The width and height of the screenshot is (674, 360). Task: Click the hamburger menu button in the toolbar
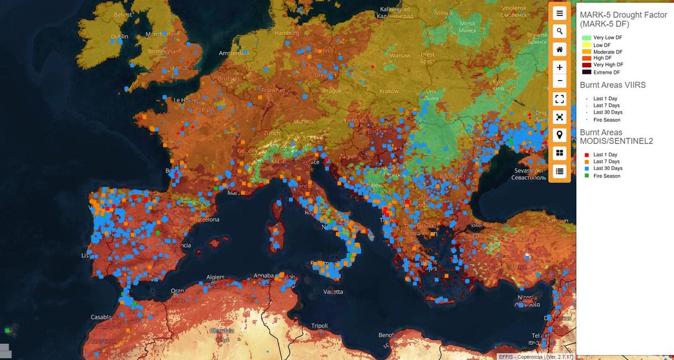(559, 13)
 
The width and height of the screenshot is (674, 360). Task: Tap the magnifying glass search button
(559, 31)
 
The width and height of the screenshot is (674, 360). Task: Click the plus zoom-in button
(559, 67)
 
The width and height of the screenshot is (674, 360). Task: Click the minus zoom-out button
(559, 81)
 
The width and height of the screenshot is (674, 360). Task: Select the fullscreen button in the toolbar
(559, 99)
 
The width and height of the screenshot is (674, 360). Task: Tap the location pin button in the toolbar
(559, 135)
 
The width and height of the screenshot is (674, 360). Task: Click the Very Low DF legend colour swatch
(586, 38)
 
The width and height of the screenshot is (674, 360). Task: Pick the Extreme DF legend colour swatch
(586, 72)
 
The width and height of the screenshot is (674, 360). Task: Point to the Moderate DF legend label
(608, 52)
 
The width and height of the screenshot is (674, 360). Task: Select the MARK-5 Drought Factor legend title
(623, 19)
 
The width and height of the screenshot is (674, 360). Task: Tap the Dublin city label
(120, 37)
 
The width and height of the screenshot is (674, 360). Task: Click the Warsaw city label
(400, 56)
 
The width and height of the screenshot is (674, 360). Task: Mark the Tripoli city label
(319, 326)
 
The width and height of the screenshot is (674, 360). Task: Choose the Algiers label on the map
(215, 277)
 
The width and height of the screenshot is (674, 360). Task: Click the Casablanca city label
(106, 317)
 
